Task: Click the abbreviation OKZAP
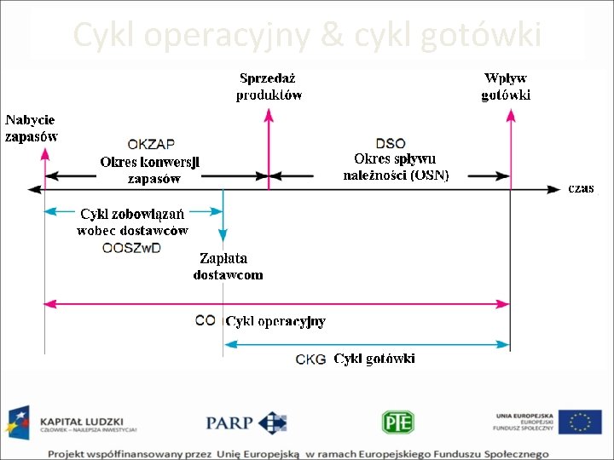coord(151,144)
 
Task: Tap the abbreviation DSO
coord(391,143)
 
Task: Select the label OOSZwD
coord(131,248)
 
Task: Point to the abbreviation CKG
coord(310,359)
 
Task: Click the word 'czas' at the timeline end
coord(582,188)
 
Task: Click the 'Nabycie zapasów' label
coord(32,128)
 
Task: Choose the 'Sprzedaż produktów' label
coord(269,87)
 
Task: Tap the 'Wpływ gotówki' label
coord(506,87)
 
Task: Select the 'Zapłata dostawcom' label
coord(228,266)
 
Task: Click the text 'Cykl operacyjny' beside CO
coord(275,321)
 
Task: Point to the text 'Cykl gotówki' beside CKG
coord(374,359)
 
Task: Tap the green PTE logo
coord(397,422)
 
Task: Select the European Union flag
coord(581,422)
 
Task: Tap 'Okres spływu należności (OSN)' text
coord(396,167)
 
